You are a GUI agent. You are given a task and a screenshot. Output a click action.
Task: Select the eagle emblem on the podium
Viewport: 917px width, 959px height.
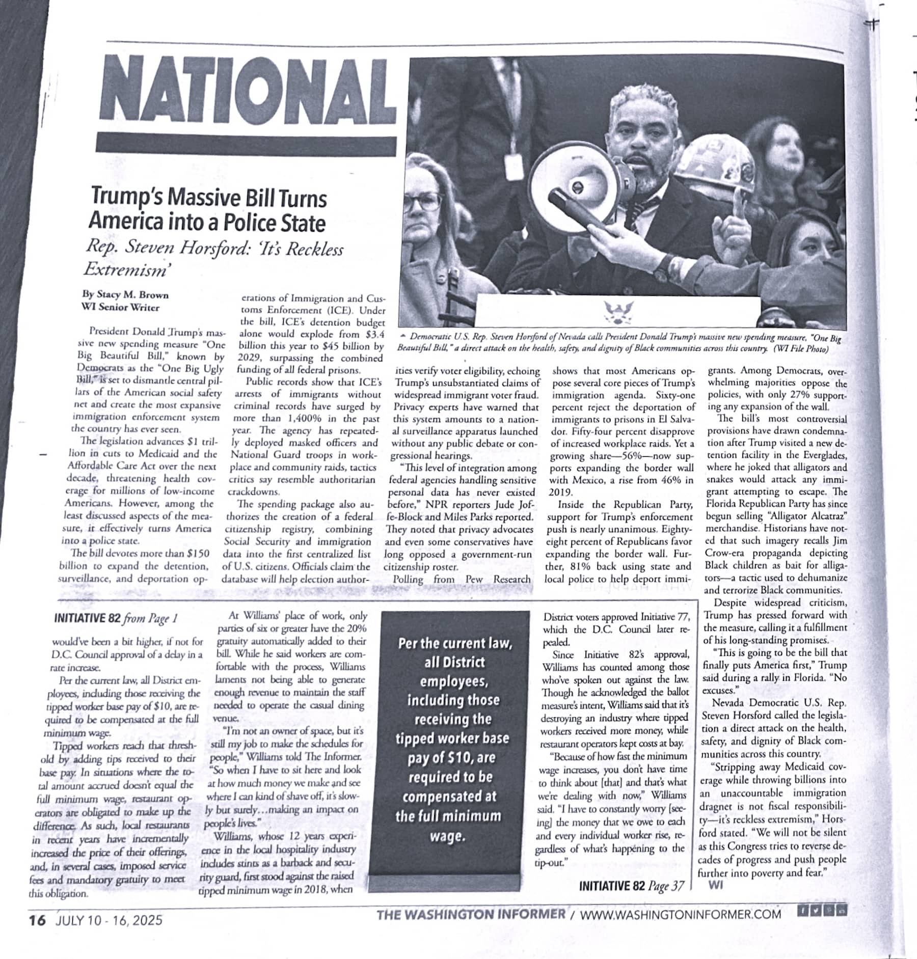(x=618, y=312)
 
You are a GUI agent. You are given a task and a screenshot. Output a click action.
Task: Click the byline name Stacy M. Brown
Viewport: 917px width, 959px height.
(x=125, y=295)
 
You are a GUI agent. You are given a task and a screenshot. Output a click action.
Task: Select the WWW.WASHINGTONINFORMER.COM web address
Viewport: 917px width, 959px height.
(x=680, y=914)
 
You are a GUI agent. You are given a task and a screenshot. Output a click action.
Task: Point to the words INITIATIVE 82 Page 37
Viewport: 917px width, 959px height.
(x=631, y=886)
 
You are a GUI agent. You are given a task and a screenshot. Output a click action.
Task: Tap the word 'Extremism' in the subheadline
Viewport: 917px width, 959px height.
(x=125, y=268)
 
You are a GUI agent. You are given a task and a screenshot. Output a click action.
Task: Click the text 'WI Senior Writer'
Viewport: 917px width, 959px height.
(x=121, y=308)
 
